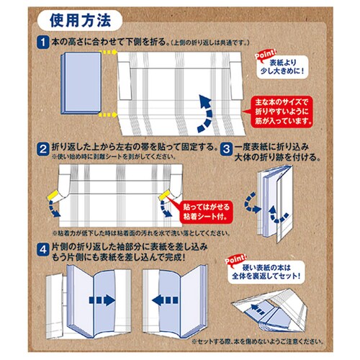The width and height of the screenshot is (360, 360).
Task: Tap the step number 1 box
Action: [44, 42]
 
